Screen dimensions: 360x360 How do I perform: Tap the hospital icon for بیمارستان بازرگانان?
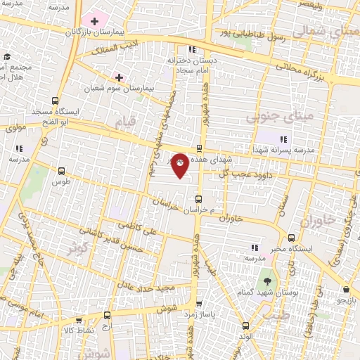click(94, 22)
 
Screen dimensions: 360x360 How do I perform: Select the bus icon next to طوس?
click(62, 171)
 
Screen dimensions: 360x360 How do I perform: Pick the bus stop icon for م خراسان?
click(200, 199)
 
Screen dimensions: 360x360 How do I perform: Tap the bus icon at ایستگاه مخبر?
click(292, 237)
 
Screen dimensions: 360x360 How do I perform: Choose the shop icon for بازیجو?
click(346, 289)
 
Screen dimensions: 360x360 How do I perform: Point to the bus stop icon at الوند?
click(245, 326)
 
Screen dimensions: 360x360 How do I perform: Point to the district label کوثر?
click(78, 247)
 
